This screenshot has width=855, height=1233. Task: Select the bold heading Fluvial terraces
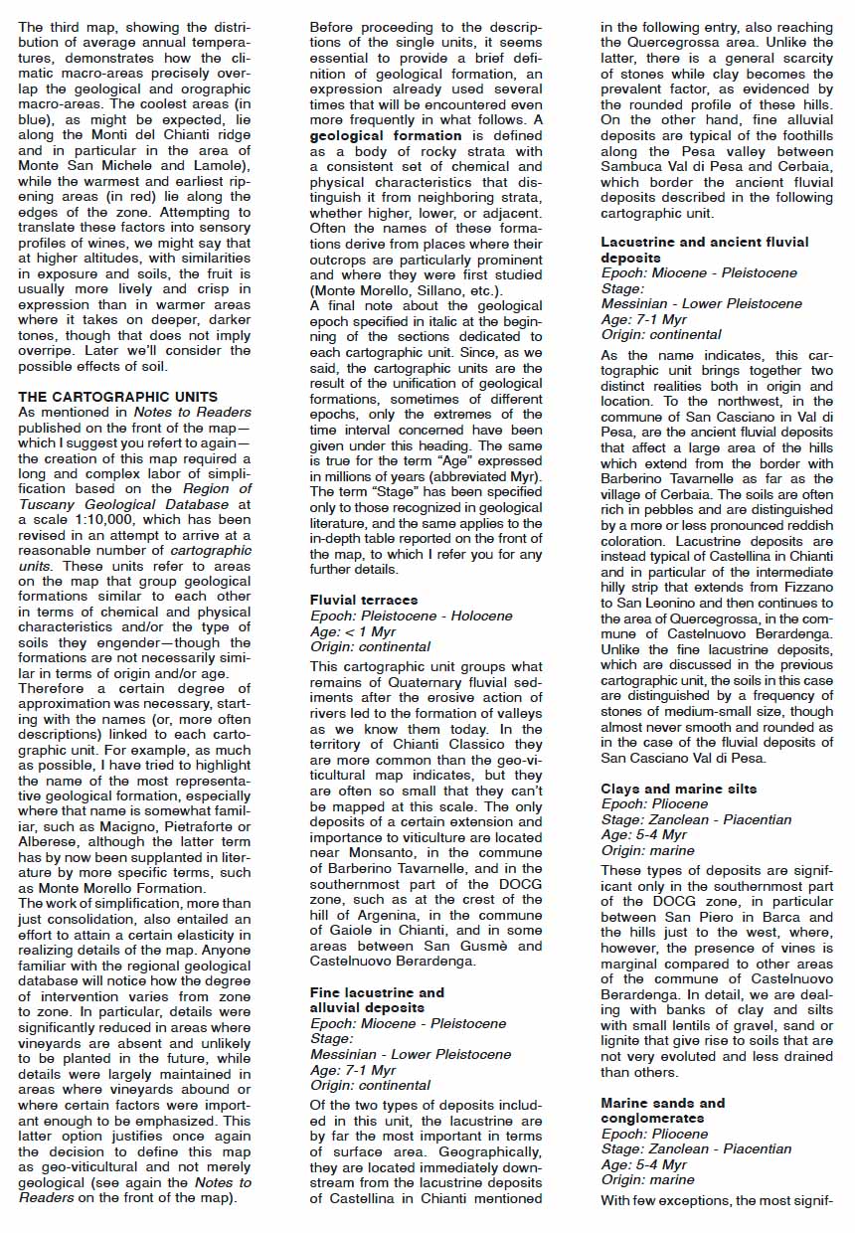click(364, 601)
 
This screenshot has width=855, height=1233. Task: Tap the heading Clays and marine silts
click(679, 789)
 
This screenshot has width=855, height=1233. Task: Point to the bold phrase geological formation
click(372, 135)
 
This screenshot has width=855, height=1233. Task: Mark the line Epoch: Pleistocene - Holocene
click(412, 616)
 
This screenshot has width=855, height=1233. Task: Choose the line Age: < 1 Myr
click(353, 631)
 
